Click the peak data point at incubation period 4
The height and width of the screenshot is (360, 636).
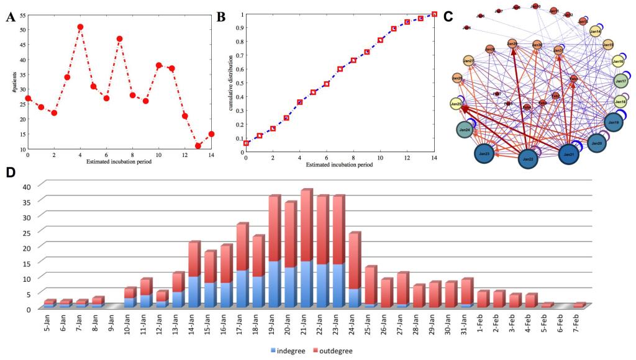click(x=80, y=27)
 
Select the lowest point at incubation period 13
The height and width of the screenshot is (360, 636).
click(x=198, y=146)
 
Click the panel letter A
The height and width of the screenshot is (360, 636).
click(x=9, y=17)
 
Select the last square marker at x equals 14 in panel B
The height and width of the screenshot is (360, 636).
click(x=434, y=14)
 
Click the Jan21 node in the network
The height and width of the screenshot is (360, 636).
click(x=569, y=154)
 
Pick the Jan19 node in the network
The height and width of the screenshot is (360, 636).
click(x=614, y=123)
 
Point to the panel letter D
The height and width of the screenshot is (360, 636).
click(x=10, y=173)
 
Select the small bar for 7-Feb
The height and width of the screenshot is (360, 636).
click(x=579, y=305)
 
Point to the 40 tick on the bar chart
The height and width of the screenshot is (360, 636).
click(x=27, y=186)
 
